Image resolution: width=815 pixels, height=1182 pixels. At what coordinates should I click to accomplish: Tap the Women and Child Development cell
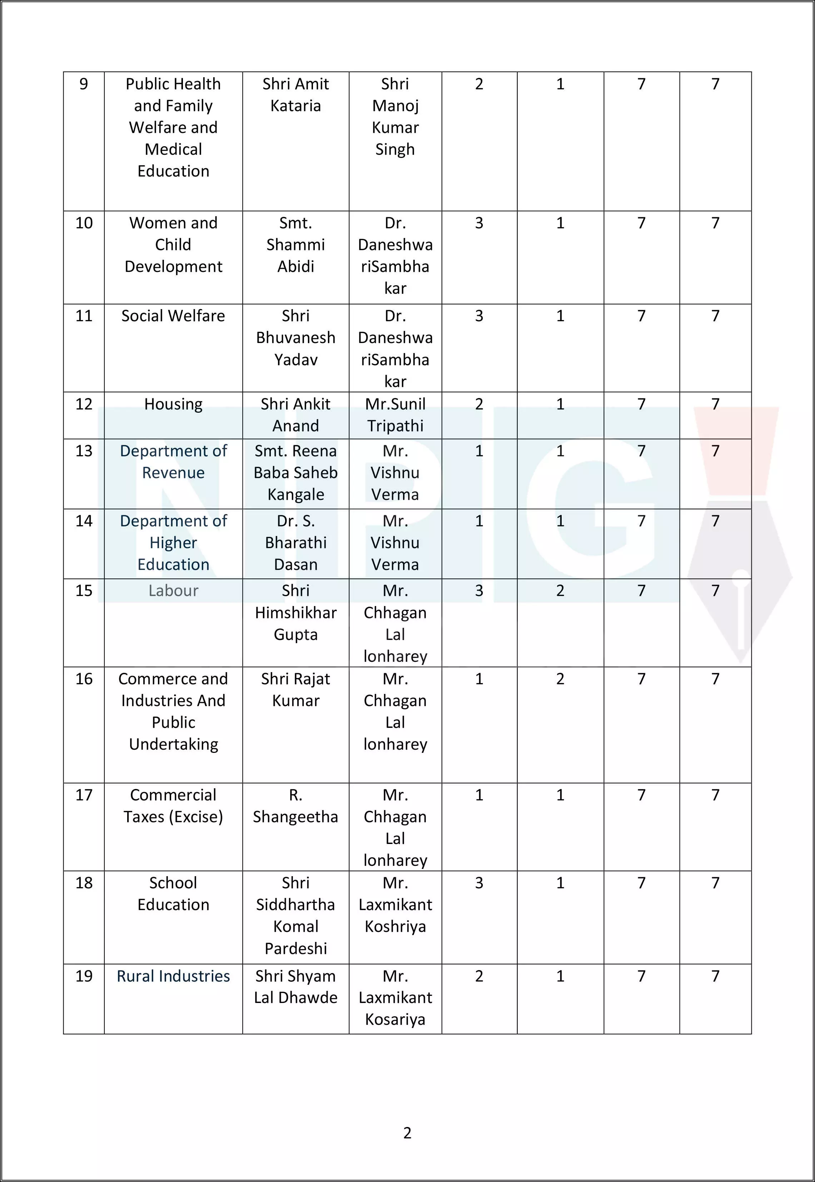(173, 244)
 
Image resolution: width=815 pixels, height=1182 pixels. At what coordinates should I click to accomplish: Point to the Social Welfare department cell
(173, 316)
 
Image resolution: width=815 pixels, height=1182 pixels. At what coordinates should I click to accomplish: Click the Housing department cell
(173, 404)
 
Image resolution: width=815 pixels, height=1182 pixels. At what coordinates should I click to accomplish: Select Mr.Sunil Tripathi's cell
(395, 414)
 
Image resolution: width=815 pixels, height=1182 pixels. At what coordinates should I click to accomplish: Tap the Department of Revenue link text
(173, 462)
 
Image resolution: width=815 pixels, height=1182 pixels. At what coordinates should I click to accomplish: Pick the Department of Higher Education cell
(173, 542)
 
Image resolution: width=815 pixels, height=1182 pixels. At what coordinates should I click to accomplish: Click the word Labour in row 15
(173, 591)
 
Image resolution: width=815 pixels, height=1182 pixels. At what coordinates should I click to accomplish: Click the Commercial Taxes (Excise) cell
(173, 806)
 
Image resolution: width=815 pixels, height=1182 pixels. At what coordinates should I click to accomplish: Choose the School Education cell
(173, 894)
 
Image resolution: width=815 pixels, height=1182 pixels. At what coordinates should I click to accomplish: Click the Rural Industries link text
(173, 976)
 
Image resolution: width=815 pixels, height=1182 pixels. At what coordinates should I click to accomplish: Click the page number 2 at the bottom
(407, 1133)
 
